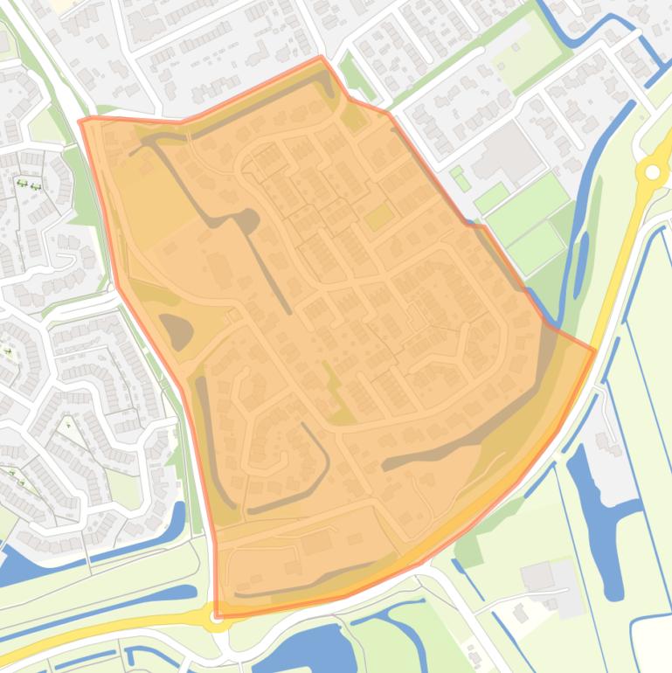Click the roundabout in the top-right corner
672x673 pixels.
pos(651,172)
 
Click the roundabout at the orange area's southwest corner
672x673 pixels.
pos(216,615)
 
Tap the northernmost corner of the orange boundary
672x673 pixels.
pos(322,58)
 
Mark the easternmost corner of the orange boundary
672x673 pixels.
pos(595,351)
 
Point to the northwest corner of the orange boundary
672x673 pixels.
pos(80,121)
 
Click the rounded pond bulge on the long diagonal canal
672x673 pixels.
pos(248,221)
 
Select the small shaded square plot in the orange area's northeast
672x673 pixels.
pos(378,216)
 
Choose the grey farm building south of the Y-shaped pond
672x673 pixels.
pos(537,576)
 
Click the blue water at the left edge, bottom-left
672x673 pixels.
pos(17,568)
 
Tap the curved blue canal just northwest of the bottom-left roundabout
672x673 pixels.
pos(179,524)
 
